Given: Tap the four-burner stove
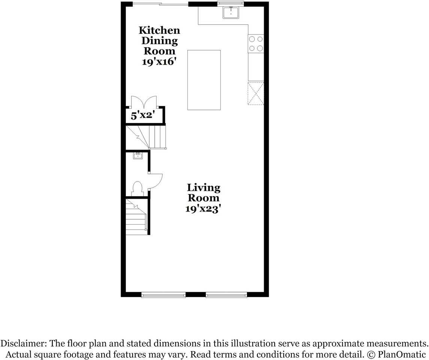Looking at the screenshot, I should click(x=256, y=43).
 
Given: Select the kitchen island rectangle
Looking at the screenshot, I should click(x=204, y=80).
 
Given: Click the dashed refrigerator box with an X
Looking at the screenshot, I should click(x=256, y=93).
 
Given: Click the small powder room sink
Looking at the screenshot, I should click(x=138, y=156).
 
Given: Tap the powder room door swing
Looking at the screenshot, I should click(x=155, y=181).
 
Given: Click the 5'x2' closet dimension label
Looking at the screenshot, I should click(x=142, y=115).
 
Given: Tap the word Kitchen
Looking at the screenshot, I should click(x=159, y=30).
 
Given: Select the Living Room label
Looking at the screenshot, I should click(x=203, y=192).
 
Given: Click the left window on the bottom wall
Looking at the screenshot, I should click(x=163, y=295).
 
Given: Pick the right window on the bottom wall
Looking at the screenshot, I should click(x=226, y=295).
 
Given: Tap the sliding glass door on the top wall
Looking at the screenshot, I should click(x=160, y=4).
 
